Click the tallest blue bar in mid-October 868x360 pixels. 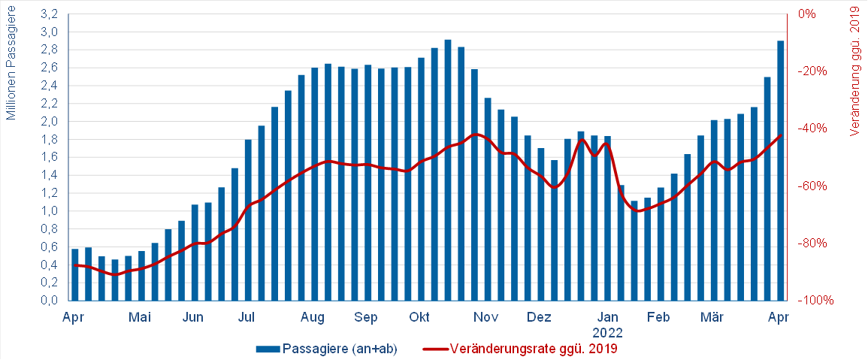[448, 170]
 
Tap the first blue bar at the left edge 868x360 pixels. [74, 274]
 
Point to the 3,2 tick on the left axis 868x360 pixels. [49, 14]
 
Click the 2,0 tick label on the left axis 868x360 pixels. [49, 122]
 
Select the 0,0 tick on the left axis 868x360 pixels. [49, 301]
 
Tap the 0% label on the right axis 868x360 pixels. [808, 14]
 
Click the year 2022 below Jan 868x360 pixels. [607, 331]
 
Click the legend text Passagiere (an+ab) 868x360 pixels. [340, 349]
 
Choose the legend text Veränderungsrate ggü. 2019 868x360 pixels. [534, 349]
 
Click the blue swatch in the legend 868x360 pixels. [268, 349]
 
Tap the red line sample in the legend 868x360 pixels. [434, 349]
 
